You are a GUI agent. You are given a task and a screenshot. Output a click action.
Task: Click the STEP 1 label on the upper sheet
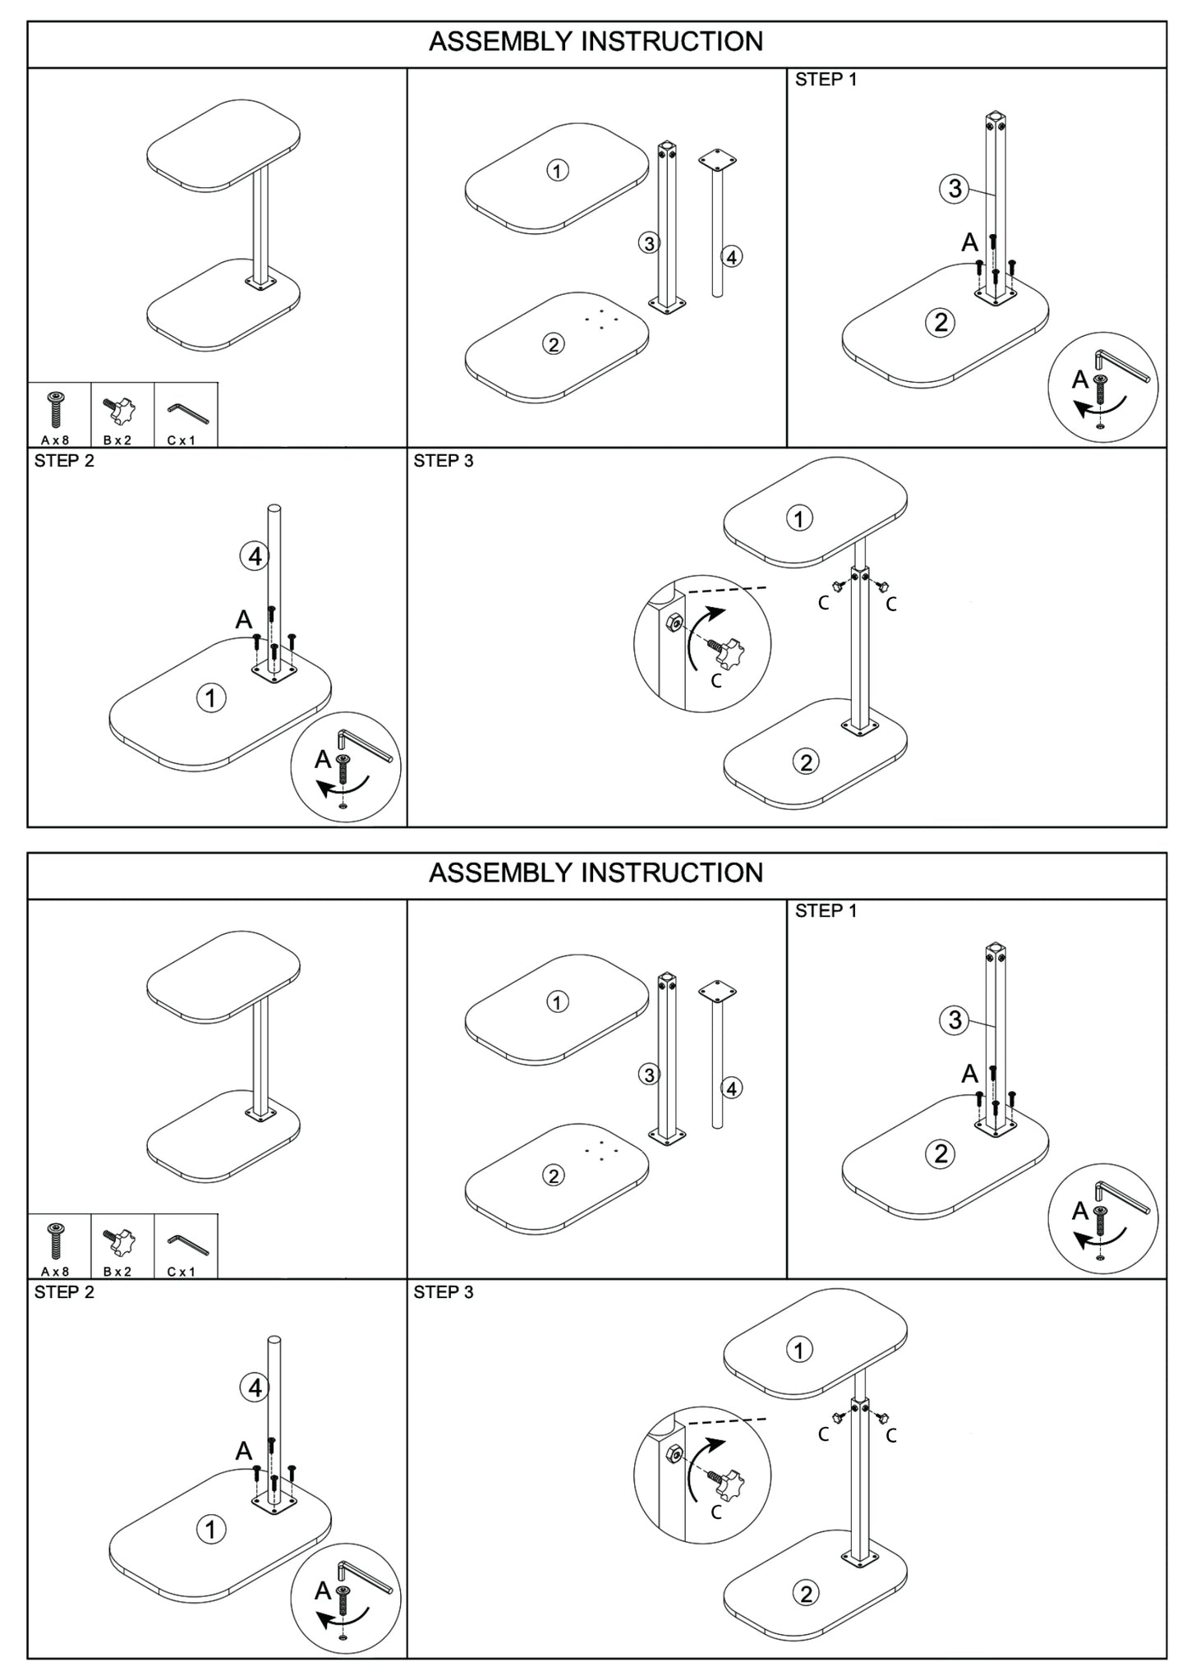point(826,80)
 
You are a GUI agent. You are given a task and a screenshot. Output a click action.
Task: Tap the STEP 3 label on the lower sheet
point(444,1292)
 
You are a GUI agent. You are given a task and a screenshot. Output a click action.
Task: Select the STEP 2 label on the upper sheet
point(64,461)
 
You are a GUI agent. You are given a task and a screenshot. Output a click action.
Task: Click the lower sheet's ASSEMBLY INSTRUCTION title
point(596,872)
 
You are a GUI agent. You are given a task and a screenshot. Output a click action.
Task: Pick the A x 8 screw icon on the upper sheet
point(56,410)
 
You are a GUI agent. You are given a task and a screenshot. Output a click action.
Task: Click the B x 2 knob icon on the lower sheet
point(118,1240)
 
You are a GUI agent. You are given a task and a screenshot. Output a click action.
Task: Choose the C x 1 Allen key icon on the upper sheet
point(187,411)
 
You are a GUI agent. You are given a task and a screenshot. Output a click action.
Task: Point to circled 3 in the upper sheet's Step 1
point(954,189)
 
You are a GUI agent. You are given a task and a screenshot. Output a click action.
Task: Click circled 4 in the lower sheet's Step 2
point(254,1388)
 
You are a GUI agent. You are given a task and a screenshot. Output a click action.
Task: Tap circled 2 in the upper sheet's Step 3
point(805,762)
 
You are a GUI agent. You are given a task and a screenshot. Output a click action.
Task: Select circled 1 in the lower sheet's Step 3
point(798,1350)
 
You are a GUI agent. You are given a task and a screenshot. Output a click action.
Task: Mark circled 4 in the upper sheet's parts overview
point(731,256)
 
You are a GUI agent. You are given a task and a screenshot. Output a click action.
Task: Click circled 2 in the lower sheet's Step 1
point(941,1153)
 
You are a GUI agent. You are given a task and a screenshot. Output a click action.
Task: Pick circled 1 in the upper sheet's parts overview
point(558,171)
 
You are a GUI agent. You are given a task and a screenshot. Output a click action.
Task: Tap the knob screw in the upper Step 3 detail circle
point(728,653)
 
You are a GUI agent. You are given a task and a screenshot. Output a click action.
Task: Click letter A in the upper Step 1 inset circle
point(1079,380)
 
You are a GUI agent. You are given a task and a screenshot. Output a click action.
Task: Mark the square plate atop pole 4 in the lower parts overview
point(717,989)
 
